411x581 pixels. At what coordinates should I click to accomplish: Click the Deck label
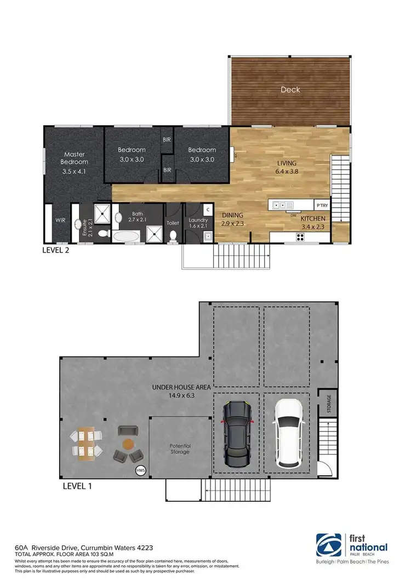tap(290, 90)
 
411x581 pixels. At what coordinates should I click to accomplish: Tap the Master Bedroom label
tap(75, 158)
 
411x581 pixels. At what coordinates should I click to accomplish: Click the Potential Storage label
tap(179, 448)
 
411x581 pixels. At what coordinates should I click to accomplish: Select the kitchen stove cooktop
tap(300, 237)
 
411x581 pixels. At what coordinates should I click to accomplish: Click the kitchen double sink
tap(279, 205)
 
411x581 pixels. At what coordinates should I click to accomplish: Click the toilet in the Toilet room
tap(173, 235)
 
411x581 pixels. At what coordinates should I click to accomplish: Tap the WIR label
tap(60, 220)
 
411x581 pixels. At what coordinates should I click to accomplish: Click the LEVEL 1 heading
tap(77, 485)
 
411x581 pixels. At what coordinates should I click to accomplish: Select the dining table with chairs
tap(86, 442)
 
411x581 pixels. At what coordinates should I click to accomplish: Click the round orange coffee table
tap(128, 444)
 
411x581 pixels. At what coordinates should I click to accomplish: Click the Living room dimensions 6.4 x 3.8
tap(287, 172)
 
